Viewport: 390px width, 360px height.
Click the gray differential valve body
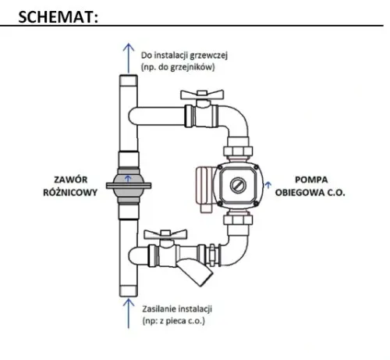(128, 185)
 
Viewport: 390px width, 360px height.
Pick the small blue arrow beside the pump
(269, 184)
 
